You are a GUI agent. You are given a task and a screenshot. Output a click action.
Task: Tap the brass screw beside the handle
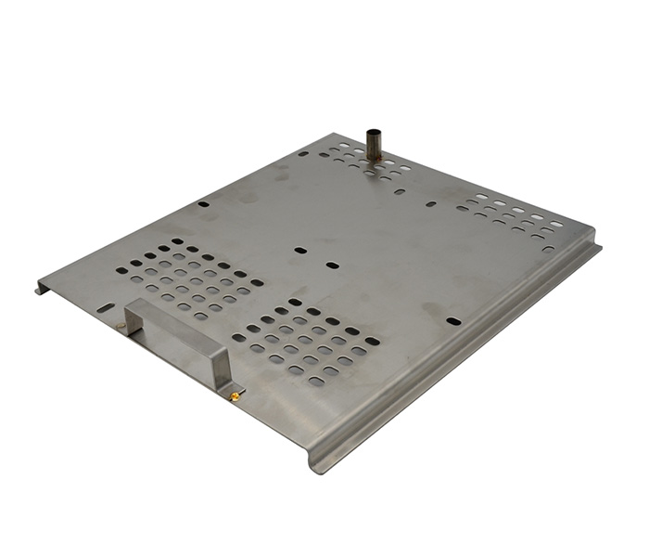coord(235,396)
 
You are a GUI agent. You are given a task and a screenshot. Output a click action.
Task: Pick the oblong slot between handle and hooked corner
coord(106,307)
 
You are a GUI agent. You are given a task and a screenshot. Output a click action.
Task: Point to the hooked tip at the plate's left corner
coord(40,291)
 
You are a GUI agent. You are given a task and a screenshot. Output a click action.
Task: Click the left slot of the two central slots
coord(300,250)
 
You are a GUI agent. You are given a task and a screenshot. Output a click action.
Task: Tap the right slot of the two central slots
coord(332,266)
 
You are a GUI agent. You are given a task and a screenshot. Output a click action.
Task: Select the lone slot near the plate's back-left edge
coord(203,203)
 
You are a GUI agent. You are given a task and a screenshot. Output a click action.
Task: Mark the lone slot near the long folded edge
coord(453,321)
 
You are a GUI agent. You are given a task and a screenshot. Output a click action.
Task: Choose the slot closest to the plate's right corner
coord(548,248)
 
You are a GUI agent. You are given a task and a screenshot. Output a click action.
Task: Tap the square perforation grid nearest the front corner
coord(305,342)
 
